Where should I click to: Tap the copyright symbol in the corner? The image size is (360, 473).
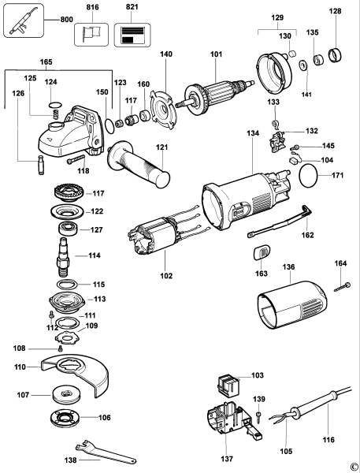click(354, 466)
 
